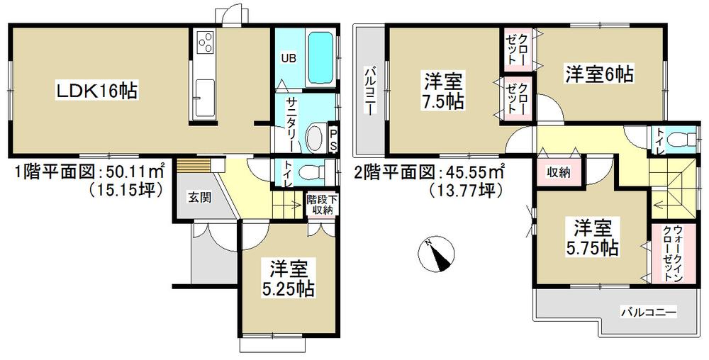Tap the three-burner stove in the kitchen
(x=205, y=43)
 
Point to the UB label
(x=289, y=57)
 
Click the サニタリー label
(x=291, y=125)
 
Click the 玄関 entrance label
(x=199, y=198)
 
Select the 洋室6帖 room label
(x=598, y=72)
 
